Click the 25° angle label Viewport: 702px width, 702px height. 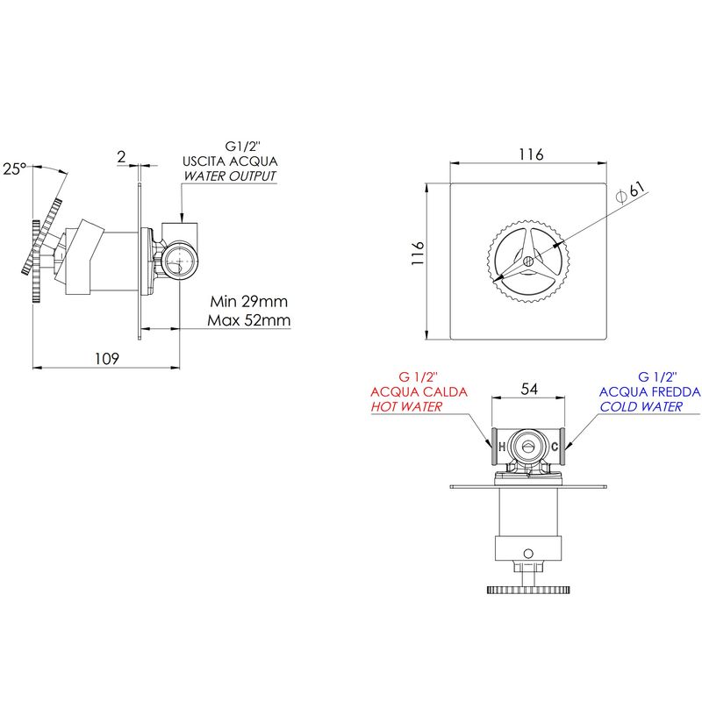tap(15, 168)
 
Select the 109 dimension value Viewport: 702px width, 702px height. tap(107, 359)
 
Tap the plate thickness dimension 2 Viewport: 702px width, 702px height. tap(121, 157)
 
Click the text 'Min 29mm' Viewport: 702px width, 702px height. tap(249, 301)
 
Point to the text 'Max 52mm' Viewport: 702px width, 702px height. tap(249, 320)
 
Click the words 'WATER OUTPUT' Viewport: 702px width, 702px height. tap(230, 176)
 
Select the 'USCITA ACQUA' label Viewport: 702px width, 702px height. tap(230, 161)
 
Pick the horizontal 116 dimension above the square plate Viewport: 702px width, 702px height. tap(531, 154)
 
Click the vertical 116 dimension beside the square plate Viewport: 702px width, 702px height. tap(418, 253)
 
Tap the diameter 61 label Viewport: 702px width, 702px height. tap(631, 192)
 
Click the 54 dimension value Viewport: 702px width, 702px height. tap(529, 389)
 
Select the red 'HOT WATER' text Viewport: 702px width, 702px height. tap(406, 406)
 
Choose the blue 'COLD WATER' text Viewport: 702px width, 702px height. tap(641, 406)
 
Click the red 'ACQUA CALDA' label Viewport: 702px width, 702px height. tap(419, 391)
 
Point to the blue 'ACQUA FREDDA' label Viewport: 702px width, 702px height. tap(650, 391)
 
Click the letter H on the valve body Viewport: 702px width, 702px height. tap(502, 447)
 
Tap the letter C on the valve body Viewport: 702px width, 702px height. tap(555, 447)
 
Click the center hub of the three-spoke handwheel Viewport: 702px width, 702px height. tap(528, 261)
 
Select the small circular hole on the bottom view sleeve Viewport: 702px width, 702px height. tap(528, 554)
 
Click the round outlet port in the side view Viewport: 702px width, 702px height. tap(180, 261)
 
